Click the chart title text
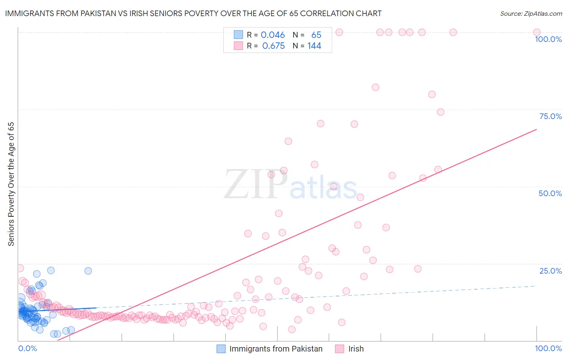click(193, 13)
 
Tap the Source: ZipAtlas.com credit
click(531, 13)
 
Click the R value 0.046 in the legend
click(273, 35)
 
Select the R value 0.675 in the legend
click(273, 46)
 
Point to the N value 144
click(314, 46)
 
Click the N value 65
click(316, 35)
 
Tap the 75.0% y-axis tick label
click(550, 116)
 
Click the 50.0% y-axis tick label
click(550, 193)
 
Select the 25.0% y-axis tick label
click(550, 271)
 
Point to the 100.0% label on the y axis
click(548, 39)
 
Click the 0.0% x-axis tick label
click(27, 348)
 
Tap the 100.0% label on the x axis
click(548, 348)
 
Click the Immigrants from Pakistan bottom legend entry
click(275, 349)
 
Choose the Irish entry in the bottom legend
click(356, 349)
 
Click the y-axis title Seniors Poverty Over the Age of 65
click(11, 184)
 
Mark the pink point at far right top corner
click(536, 32)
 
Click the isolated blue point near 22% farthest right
click(88, 271)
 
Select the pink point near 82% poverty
click(375, 87)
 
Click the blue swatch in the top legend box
click(238, 35)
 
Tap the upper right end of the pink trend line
click(536, 130)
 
